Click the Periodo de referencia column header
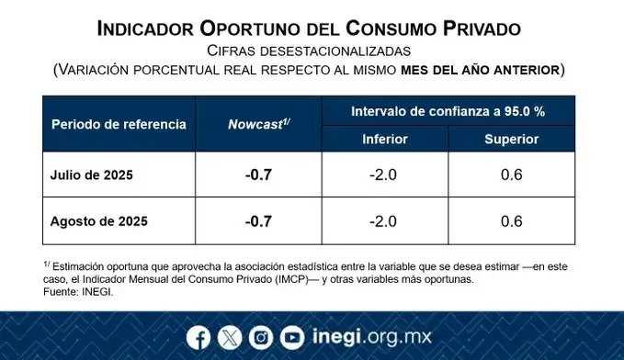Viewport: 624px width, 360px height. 119,124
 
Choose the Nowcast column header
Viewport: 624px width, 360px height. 258,124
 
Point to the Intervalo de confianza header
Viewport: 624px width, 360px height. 448,110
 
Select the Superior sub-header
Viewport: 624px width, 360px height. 512,139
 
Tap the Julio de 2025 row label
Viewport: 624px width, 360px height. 92,175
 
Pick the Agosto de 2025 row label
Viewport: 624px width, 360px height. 98,221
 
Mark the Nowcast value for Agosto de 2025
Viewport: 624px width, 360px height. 258,221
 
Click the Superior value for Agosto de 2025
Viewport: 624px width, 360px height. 512,221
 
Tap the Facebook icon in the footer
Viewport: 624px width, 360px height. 198,338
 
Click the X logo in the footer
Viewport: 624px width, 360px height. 230,338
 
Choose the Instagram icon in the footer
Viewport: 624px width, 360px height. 261,338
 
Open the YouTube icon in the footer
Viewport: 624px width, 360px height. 292,338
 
